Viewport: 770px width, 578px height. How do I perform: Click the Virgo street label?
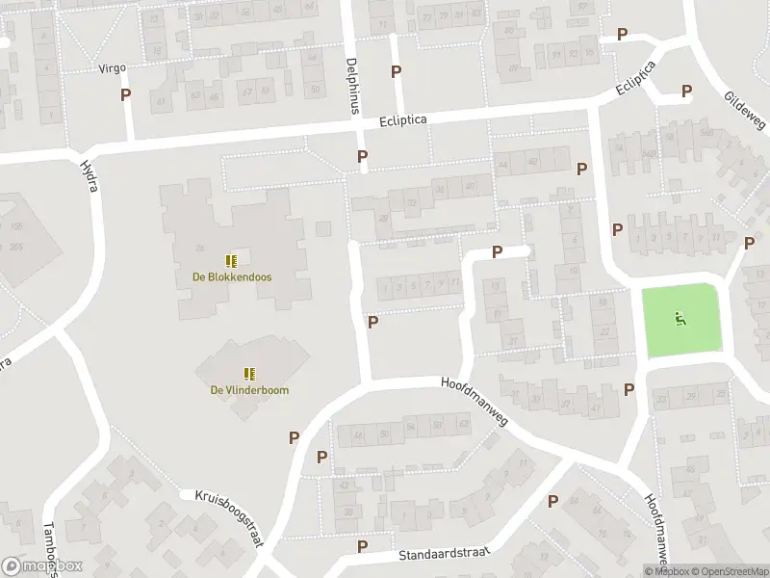coord(113,69)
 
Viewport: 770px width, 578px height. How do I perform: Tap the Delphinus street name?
coord(352,86)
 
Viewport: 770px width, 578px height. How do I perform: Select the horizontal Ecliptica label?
coord(402,120)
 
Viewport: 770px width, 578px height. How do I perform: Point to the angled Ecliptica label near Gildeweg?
coord(637,79)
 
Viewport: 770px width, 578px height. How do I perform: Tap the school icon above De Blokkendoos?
coord(231,261)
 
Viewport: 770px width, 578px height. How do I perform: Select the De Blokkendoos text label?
coord(231,277)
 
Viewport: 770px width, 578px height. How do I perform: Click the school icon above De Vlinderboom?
coord(250,374)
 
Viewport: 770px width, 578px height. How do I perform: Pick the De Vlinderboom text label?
coord(250,390)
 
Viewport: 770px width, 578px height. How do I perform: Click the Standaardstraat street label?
coord(443,556)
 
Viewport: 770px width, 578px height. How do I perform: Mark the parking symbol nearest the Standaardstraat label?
coord(363,546)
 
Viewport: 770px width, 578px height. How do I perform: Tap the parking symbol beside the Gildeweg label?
coord(686,92)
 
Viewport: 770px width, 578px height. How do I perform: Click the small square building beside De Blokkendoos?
coord(323,228)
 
